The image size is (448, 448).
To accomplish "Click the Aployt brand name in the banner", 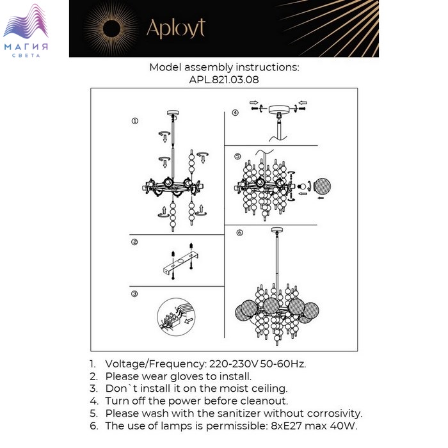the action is pyautogui.click(x=176, y=29).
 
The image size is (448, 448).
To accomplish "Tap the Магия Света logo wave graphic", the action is pyautogui.click(x=26, y=21).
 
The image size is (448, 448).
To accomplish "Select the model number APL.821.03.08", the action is pyautogui.click(x=224, y=79).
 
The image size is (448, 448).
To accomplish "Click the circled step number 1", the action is pyautogui.click(x=135, y=121).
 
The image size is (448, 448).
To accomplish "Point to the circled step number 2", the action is pyautogui.click(x=134, y=242).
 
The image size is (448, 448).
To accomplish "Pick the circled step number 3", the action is pyautogui.click(x=134, y=294).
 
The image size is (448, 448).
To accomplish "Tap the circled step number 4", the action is pyautogui.click(x=235, y=113).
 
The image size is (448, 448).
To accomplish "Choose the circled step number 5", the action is pyautogui.click(x=237, y=156).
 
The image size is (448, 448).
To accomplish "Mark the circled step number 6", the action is pyautogui.click(x=240, y=232).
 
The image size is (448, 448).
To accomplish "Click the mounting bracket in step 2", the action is pyautogui.click(x=181, y=262).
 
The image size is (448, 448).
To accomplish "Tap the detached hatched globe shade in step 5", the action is pyautogui.click(x=323, y=187).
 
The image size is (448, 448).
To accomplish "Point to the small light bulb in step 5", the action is pyautogui.click(x=301, y=187).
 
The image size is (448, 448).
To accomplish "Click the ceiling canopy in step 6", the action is pyautogui.click(x=277, y=229).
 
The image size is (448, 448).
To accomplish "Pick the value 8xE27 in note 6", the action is pyautogui.click(x=286, y=426).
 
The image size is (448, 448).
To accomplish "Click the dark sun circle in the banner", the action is pyautogui.click(x=111, y=29).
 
